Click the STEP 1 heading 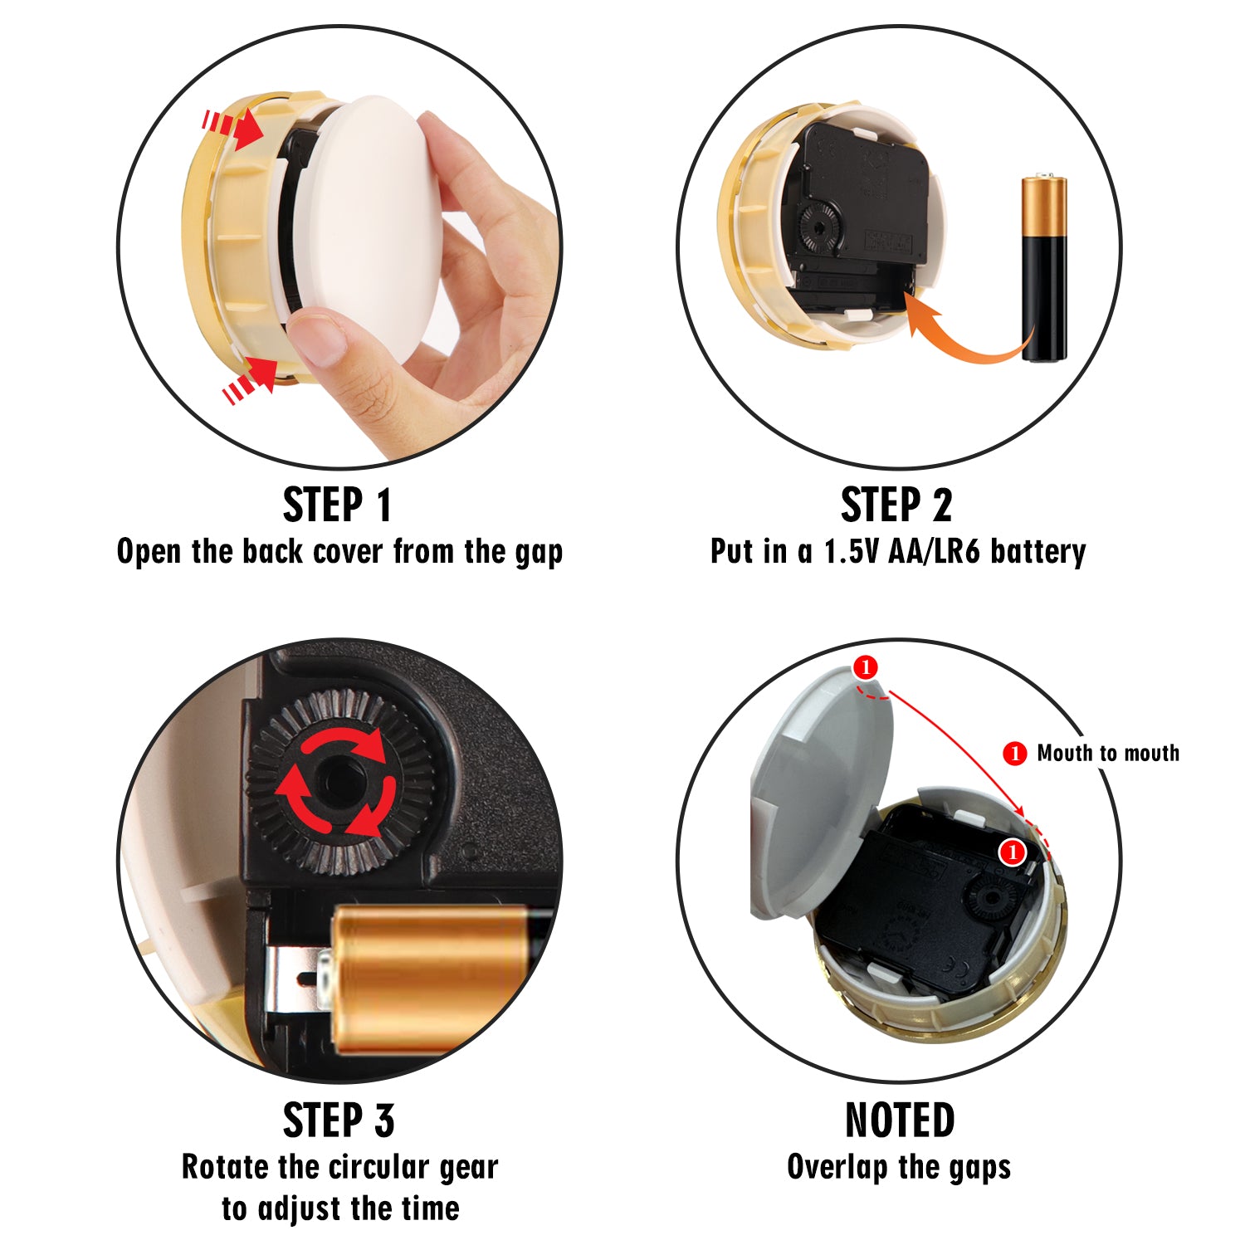[337, 505]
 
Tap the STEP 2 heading [896, 505]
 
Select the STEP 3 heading [338, 1120]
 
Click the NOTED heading [900, 1120]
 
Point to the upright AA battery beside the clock [1044, 268]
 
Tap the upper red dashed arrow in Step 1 [233, 128]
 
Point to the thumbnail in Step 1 [318, 337]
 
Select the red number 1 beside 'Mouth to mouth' [1015, 753]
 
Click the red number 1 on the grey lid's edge [865, 667]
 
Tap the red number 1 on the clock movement [1012, 852]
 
